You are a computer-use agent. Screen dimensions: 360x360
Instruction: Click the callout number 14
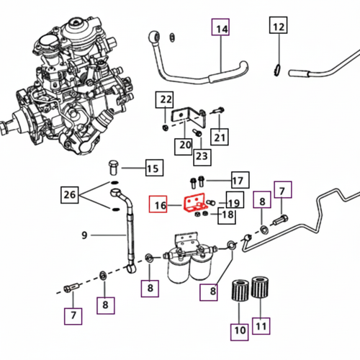[222, 29]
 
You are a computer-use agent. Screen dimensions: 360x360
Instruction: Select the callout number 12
[279, 28]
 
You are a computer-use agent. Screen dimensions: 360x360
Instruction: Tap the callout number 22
[166, 99]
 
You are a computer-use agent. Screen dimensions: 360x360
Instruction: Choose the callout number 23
[201, 156]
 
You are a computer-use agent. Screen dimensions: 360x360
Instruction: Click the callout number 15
[152, 169]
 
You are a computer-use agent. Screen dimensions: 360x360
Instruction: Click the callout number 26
[70, 194]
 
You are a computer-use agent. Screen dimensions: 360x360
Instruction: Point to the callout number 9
[84, 235]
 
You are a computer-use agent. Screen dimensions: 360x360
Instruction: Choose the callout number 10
[239, 331]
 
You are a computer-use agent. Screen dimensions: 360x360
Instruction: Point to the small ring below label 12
[278, 69]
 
